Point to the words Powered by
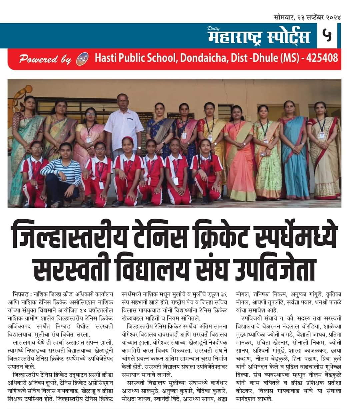45,60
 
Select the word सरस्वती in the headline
72,268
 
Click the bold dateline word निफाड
21,295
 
